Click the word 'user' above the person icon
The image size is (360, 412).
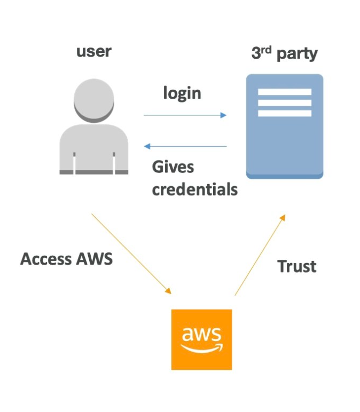[x=94, y=51]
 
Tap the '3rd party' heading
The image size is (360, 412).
[x=284, y=53]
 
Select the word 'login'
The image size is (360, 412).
[x=182, y=93]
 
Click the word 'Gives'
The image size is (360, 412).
[x=173, y=167]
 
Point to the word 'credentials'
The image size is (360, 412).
[x=195, y=189]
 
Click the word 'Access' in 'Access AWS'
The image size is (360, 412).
[x=46, y=259]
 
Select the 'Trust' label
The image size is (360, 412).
[x=297, y=266]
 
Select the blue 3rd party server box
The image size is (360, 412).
[x=284, y=144]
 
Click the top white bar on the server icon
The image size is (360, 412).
[x=284, y=92]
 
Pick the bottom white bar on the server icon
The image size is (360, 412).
[x=284, y=113]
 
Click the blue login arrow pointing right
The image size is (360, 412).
[x=185, y=115]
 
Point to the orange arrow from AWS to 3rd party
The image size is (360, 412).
[x=260, y=255]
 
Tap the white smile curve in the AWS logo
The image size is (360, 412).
[x=201, y=348]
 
